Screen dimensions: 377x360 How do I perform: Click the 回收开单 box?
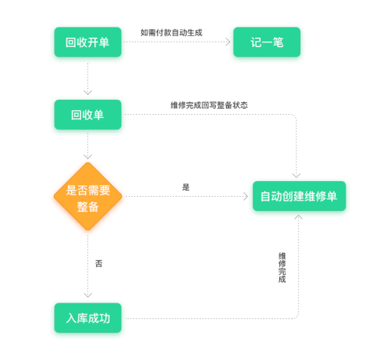(87, 42)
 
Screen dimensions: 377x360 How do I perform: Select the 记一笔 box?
(267, 42)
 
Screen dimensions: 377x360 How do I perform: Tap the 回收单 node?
(87, 115)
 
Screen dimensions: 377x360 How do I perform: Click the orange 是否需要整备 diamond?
(88, 196)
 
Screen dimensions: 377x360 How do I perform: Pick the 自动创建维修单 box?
(299, 196)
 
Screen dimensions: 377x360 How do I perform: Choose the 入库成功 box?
(87, 318)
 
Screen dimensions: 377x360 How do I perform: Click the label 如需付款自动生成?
(171, 33)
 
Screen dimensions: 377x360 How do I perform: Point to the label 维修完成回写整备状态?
(209, 105)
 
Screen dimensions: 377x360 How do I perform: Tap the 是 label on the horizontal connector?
(186, 187)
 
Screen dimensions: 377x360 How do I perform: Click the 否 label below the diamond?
(99, 264)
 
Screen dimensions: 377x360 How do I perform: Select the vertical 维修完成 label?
(282, 267)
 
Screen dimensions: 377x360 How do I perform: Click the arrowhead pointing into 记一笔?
(227, 42)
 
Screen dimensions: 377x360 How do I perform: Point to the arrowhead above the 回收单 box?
(87, 92)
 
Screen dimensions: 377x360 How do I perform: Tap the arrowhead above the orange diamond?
(87, 156)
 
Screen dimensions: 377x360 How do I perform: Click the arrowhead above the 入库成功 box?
(87, 295)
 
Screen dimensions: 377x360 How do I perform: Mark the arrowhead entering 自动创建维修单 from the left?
(245, 196)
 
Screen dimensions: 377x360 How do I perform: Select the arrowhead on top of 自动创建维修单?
(296, 176)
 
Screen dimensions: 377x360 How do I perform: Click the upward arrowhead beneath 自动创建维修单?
(298, 217)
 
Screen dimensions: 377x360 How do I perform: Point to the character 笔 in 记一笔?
(278, 42)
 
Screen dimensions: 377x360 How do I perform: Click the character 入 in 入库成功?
(71, 318)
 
